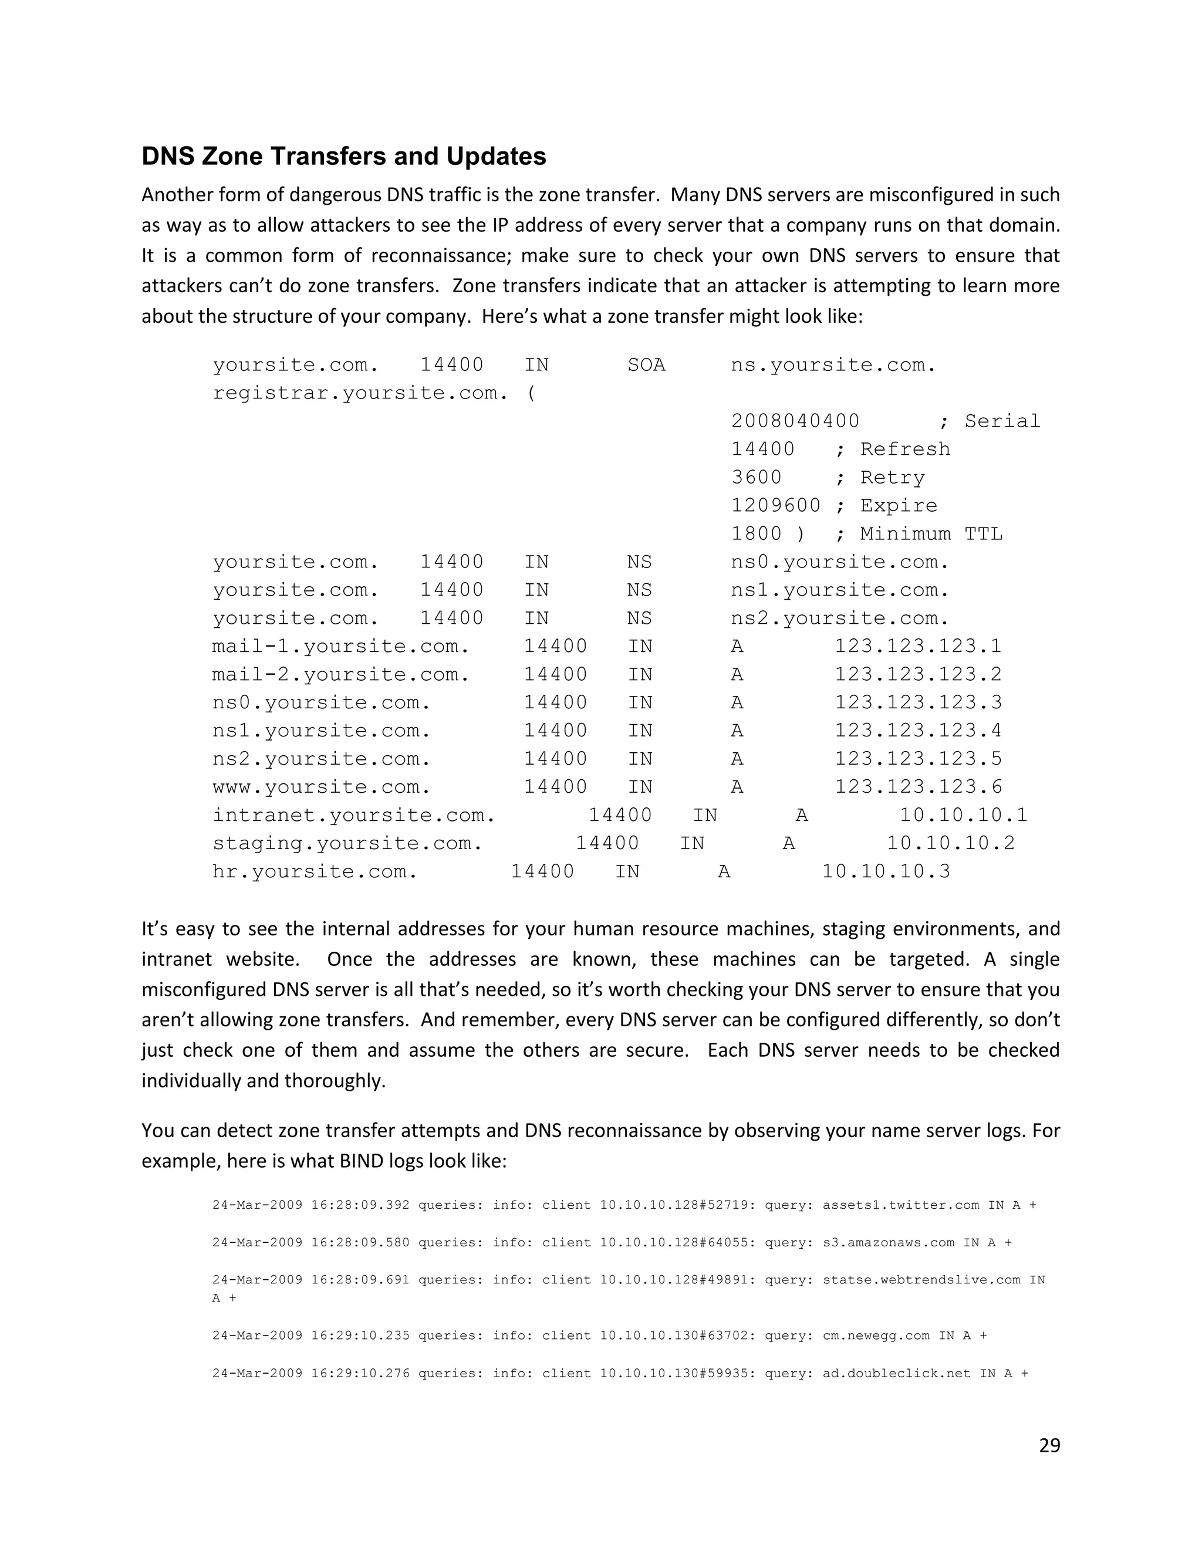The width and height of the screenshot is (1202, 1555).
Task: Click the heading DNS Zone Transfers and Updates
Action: coord(344,157)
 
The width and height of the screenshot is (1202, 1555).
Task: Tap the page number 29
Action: coord(1049,1445)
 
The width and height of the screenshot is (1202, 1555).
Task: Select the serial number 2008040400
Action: coord(795,421)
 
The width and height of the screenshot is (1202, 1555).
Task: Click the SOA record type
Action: coord(646,364)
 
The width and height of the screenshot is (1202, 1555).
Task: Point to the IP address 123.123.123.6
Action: coord(918,787)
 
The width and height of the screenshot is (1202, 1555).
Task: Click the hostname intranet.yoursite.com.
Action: coord(353,814)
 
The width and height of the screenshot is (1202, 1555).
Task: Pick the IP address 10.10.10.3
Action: coord(886,871)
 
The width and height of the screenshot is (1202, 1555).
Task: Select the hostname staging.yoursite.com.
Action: coord(347,843)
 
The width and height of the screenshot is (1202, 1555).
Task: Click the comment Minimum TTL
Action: coord(931,534)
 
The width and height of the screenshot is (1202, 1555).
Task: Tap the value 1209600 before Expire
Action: coord(775,505)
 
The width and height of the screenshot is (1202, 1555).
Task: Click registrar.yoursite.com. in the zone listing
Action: coord(360,393)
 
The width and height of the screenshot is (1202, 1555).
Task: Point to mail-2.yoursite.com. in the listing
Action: coord(340,674)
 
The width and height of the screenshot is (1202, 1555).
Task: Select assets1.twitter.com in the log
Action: coord(901,1205)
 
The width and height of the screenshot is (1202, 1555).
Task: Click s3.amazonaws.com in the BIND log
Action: coord(888,1242)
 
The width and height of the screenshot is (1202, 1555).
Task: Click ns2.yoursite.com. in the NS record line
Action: coord(839,618)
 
